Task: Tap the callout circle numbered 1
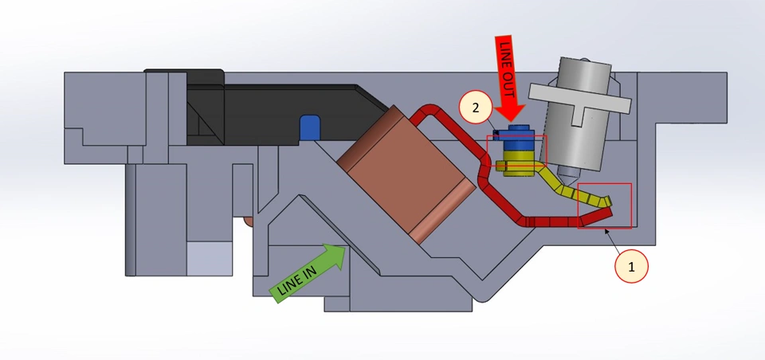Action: pyautogui.click(x=631, y=267)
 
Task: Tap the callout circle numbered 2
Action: pyautogui.click(x=476, y=108)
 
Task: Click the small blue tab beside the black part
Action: pyautogui.click(x=309, y=128)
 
